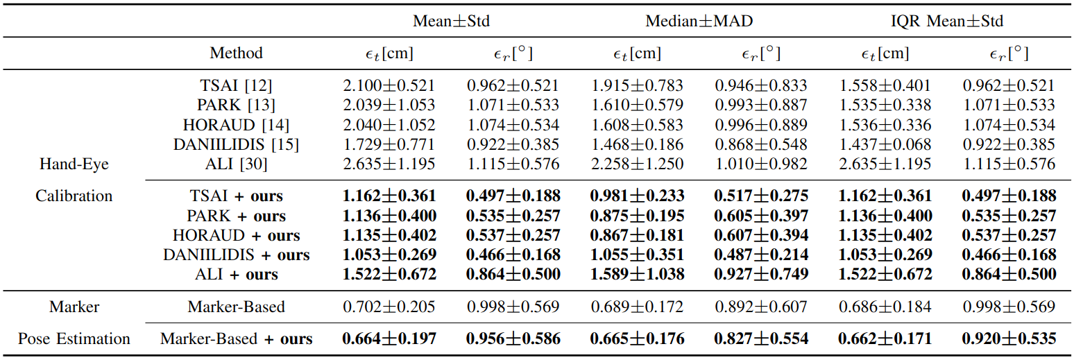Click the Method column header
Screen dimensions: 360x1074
click(236, 53)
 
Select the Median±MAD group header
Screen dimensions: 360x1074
click(699, 21)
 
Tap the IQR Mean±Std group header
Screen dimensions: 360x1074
click(947, 21)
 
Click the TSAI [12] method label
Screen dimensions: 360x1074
click(236, 86)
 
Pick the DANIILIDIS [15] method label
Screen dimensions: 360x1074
click(236, 145)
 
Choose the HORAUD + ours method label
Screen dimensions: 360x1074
click(236, 235)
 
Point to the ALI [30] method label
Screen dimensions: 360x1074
click(236, 164)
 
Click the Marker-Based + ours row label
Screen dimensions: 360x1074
click(236, 339)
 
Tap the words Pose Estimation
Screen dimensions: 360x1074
click(74, 339)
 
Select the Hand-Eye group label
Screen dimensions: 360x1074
click(74, 164)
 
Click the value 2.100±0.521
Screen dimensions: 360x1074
click(389, 86)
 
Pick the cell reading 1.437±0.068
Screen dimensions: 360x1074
click(885, 145)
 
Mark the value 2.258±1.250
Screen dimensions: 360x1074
click(637, 164)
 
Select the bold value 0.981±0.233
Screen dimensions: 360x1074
click(637, 196)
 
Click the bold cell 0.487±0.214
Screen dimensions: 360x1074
click(761, 255)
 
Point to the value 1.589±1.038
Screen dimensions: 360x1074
click(637, 275)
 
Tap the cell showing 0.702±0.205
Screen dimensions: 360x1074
click(389, 307)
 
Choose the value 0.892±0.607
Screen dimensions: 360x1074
click(761, 307)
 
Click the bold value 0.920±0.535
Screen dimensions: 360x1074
click(1009, 339)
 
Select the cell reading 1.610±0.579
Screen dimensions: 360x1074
click(637, 105)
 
